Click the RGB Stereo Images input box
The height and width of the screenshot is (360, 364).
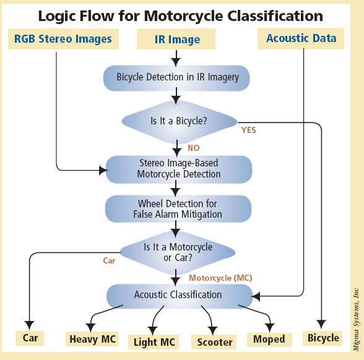pos(63,39)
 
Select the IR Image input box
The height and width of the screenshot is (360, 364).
pos(176,39)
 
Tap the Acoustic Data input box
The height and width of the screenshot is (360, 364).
pos(301,38)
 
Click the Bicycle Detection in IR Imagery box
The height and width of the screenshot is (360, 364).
pos(176,78)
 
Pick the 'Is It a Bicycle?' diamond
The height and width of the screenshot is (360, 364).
pos(180,122)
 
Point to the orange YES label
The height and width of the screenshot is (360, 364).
pos(249,130)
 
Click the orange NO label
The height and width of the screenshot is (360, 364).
pos(194,148)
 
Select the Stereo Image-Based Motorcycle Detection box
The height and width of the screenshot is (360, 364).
pos(179,169)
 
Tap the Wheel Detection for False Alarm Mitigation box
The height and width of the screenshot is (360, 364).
pos(178,209)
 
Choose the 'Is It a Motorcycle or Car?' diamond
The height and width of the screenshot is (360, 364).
pos(178,252)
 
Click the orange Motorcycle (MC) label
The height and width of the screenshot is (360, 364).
pos(220,278)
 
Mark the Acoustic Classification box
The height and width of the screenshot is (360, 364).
pos(180,296)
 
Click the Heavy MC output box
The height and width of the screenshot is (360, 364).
pos(92,339)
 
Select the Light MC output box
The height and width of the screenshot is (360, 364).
pos(154,342)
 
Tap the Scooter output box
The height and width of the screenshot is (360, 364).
pos(214,342)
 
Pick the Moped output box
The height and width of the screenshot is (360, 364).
pos(269,340)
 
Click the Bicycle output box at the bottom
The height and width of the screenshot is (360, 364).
pos(323,338)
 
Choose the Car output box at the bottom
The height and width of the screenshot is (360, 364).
pos(30,338)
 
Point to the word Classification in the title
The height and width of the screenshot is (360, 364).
pos(275,16)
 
